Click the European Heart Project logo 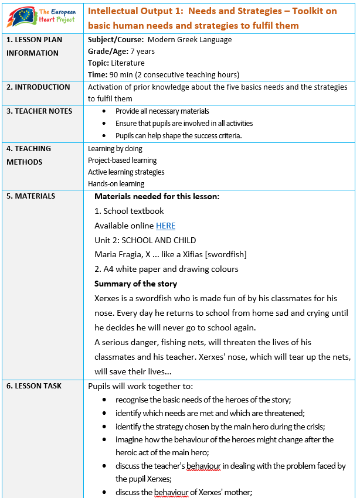tap(42, 18)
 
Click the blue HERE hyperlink tap(165, 226)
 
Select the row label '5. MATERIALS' tap(31, 196)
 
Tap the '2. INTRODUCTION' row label tap(38, 87)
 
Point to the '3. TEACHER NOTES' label tap(39, 111)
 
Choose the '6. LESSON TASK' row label tap(34, 386)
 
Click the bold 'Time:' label tap(97, 75)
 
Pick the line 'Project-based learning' tap(123, 161)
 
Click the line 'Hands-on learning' tap(116, 184)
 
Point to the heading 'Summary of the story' tap(135, 284)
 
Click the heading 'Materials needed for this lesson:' tap(157, 196)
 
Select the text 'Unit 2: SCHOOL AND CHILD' tap(145, 240)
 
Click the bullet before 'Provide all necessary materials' tap(104, 111)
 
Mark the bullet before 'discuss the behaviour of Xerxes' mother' tap(104, 492)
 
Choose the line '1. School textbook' tap(129, 211)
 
